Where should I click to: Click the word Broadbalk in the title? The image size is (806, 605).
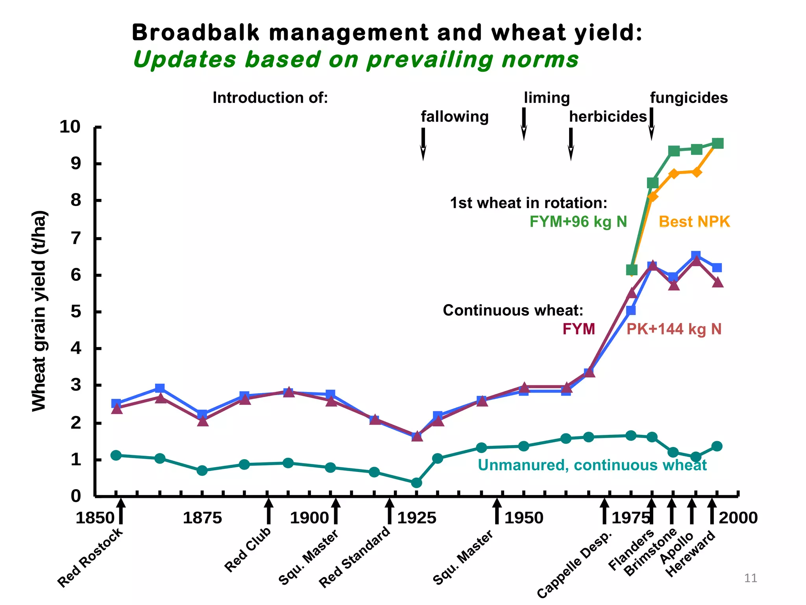click(196, 32)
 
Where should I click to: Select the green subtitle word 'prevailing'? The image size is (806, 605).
click(430, 60)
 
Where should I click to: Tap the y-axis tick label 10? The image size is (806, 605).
click(70, 127)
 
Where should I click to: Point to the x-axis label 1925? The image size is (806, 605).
click(417, 518)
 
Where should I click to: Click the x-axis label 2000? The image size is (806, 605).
click(738, 518)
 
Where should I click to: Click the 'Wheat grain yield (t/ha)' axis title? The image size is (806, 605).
click(39, 311)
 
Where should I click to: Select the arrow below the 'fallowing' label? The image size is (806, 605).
click(423, 144)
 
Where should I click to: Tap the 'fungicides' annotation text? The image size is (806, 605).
click(689, 98)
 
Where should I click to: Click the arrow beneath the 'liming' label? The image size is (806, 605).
click(524, 124)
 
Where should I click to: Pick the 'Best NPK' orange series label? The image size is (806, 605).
click(694, 222)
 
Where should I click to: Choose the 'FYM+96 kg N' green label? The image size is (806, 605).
click(578, 222)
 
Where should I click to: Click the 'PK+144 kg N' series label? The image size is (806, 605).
click(674, 329)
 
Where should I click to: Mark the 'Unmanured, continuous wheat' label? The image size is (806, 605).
click(592, 465)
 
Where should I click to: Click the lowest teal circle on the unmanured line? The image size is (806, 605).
click(416, 483)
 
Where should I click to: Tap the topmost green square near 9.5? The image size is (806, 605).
click(717, 143)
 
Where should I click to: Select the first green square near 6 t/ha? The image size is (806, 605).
click(631, 270)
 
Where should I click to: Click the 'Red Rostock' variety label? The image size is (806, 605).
click(90, 558)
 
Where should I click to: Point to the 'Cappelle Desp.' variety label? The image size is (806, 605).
click(574, 564)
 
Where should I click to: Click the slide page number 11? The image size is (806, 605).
click(751, 578)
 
